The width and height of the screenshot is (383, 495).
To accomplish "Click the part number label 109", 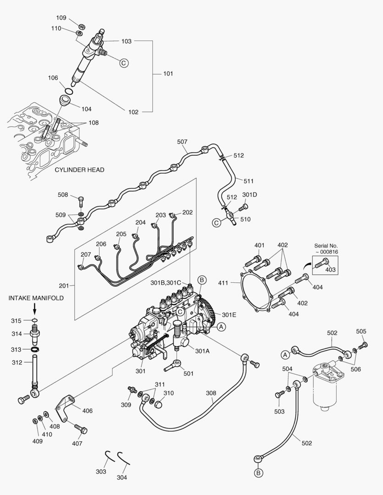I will (x=61, y=18).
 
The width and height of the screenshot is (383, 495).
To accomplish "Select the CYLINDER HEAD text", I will (x=79, y=170).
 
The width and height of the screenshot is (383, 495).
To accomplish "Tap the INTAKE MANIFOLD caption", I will (x=35, y=298).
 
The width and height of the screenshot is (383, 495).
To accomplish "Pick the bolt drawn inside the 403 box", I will (x=322, y=263).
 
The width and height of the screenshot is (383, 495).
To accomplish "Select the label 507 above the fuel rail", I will (x=182, y=142).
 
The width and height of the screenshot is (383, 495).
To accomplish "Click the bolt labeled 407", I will (x=81, y=430).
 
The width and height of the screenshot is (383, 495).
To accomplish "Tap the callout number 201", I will (x=64, y=286).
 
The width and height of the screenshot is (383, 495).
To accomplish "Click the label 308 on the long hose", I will (x=211, y=393).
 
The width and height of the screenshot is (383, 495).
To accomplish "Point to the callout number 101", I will (x=169, y=73).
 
